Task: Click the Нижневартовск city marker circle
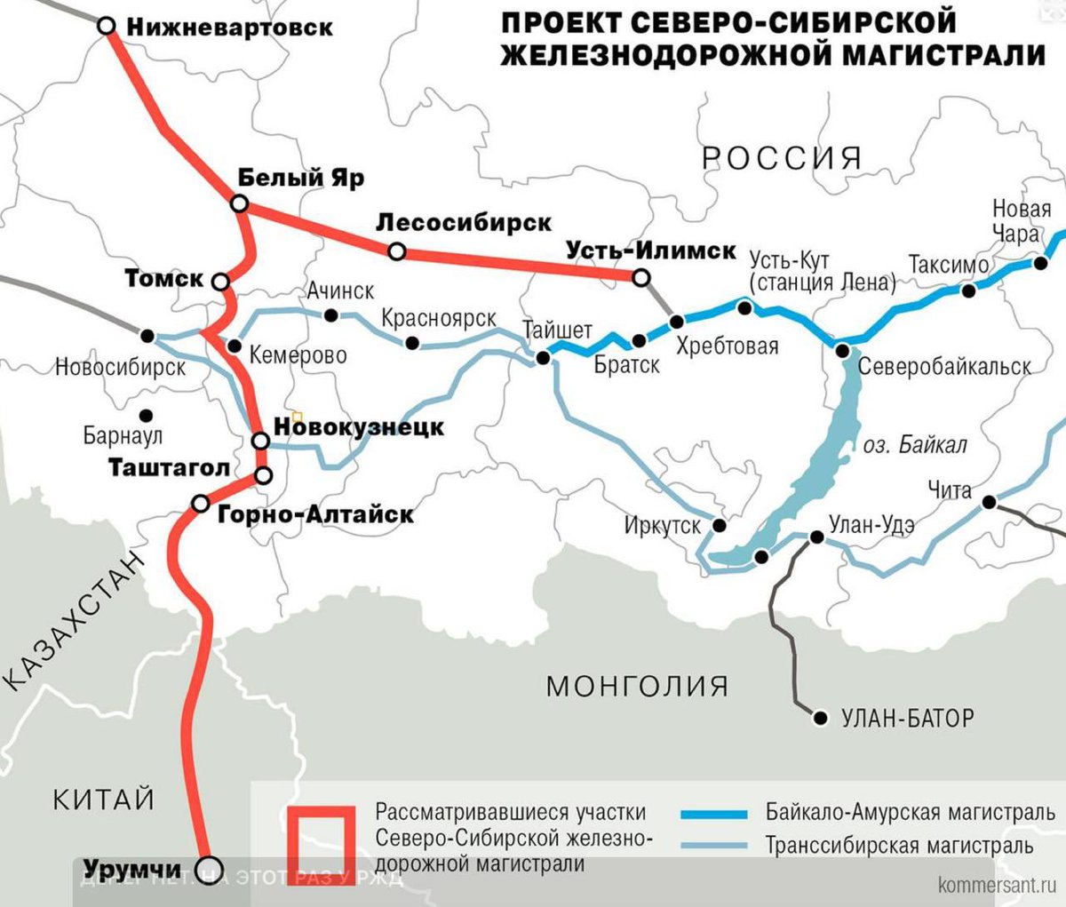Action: coord(107,26)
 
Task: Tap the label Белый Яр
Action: coord(300,178)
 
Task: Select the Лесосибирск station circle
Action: coord(397,252)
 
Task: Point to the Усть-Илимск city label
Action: coord(651,251)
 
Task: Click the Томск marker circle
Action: coord(221,282)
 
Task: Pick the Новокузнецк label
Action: coord(359,427)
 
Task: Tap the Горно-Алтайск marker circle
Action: coord(201,505)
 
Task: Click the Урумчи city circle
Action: coord(210,867)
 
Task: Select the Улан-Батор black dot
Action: coord(821,717)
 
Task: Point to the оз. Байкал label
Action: coord(914,445)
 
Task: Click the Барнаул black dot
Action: coord(146,415)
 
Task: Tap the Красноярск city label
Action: coord(438,318)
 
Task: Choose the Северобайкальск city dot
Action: coord(842,351)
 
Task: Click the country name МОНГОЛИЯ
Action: coord(637,686)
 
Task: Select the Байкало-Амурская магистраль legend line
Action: coord(713,813)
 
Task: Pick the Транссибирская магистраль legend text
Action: coord(899,845)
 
